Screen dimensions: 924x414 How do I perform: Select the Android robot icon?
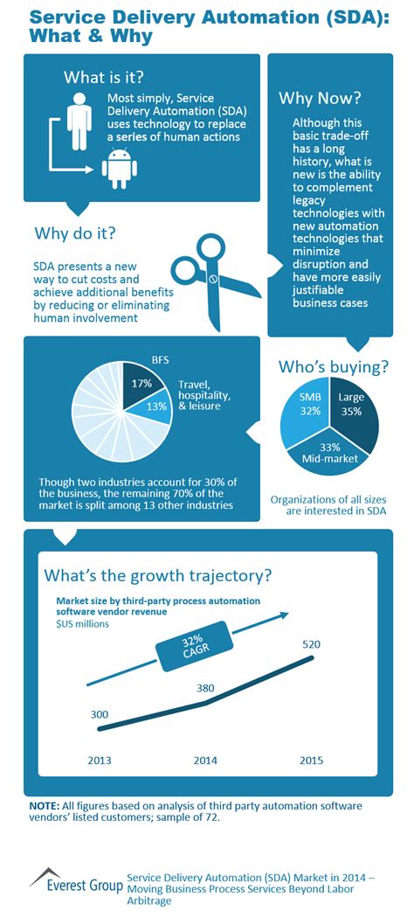[120, 168]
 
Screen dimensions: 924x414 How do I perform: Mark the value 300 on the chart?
[100, 715]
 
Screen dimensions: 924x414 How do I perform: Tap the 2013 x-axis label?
[100, 760]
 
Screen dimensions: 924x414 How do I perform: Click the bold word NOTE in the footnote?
[44, 804]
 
